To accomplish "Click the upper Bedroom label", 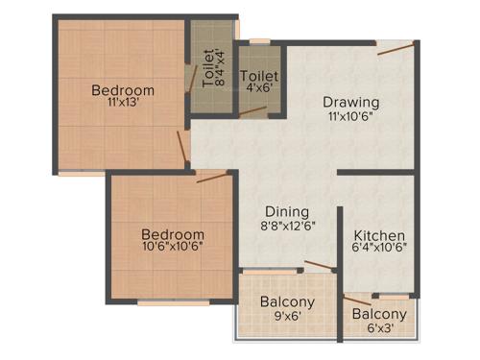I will click(x=123, y=91).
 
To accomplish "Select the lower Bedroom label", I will click(x=173, y=234).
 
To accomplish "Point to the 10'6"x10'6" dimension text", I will click(x=173, y=248).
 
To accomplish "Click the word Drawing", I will click(x=350, y=103).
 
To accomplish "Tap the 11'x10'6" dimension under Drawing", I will click(x=350, y=117).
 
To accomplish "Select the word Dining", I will click(x=287, y=212).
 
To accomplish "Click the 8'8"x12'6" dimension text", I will click(x=287, y=227).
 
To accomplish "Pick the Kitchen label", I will click(x=379, y=236).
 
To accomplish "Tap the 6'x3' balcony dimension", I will click(x=379, y=328).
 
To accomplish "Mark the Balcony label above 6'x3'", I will click(x=379, y=314).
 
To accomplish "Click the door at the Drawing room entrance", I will click(x=396, y=48).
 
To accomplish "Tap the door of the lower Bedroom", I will click(x=211, y=176).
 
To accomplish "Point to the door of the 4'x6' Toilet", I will click(x=252, y=111).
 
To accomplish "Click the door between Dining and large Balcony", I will click(x=316, y=266).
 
